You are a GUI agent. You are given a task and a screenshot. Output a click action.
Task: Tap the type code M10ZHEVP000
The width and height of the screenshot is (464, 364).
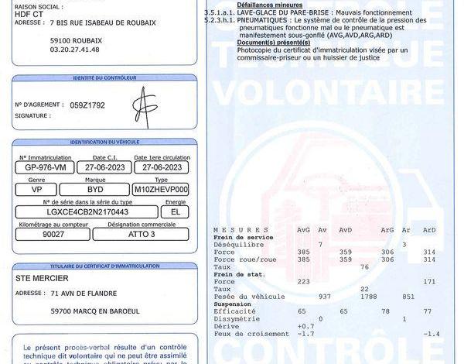pos(161,189)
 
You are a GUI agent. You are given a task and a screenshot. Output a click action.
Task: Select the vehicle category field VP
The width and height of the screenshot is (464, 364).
pos(36,189)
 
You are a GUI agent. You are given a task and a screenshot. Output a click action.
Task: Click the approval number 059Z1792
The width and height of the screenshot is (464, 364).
pos(87,105)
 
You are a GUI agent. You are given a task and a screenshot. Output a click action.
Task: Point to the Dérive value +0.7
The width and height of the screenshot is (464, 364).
pos(306,326)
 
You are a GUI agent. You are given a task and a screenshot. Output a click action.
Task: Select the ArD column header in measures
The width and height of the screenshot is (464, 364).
pos(429,229)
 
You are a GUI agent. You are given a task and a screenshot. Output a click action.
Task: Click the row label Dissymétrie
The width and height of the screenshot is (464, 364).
pos(235,318)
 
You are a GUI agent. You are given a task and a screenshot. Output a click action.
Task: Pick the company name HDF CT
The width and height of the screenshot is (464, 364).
pos(29,13)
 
